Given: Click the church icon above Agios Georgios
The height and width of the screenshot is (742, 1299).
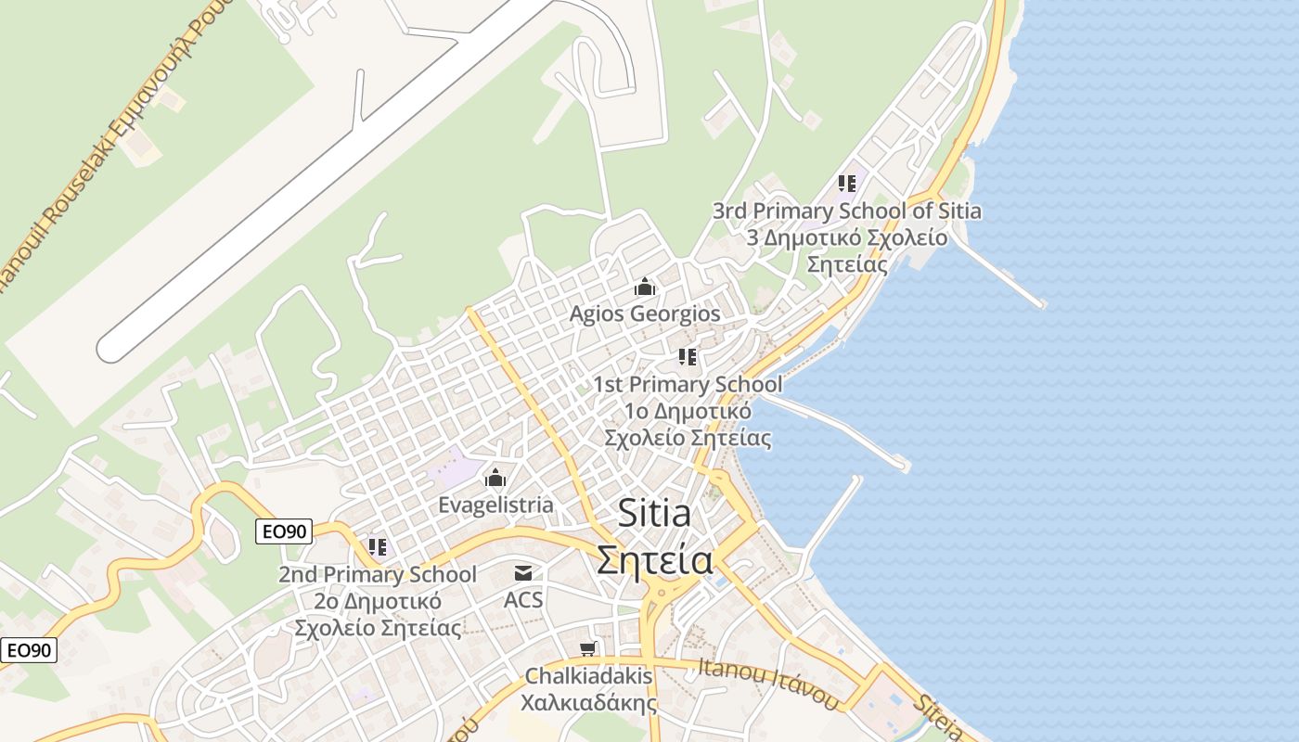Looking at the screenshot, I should click(x=645, y=288).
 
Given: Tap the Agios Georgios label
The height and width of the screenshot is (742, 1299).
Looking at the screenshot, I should click(x=645, y=314).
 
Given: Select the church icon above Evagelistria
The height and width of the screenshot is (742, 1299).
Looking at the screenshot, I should click(x=495, y=479).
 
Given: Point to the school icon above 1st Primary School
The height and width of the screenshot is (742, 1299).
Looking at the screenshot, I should click(x=688, y=357).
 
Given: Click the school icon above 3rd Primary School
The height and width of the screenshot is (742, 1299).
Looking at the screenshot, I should click(x=846, y=184).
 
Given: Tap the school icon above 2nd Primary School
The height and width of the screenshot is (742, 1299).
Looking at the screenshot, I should click(x=377, y=547).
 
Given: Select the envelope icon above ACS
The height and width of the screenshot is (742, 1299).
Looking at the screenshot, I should click(x=523, y=573).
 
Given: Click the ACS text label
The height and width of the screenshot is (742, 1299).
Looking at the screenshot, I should click(x=523, y=600).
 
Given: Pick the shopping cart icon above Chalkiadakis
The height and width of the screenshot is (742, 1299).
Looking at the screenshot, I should click(x=587, y=648).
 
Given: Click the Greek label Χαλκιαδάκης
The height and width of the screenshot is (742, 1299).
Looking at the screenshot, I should click(x=588, y=703).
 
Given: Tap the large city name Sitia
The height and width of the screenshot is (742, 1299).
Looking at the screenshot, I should click(x=654, y=513).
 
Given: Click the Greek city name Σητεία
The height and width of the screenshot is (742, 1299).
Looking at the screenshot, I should click(x=654, y=560).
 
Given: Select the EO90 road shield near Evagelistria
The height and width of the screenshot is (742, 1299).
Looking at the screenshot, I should click(x=284, y=531).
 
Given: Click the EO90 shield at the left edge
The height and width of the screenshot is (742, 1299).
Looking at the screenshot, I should click(x=29, y=650).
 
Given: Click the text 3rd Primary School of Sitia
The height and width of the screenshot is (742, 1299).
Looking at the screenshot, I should click(x=846, y=211).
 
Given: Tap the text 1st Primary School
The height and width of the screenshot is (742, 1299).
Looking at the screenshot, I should click(x=688, y=384).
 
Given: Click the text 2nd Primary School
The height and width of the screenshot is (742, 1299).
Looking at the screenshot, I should click(x=377, y=575).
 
